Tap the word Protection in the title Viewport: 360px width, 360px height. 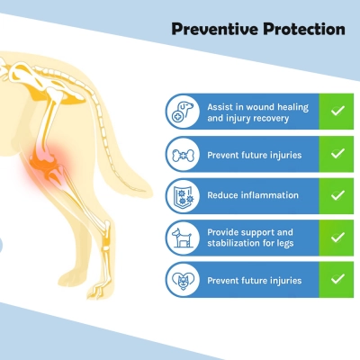pos(301,30)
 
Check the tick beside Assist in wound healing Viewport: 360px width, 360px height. pos(337,111)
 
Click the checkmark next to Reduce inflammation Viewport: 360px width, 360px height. pos(337,195)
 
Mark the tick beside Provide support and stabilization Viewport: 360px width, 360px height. pos(337,238)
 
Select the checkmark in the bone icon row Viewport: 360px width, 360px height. pos(337,153)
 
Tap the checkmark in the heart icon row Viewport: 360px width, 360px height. pos(337,280)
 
